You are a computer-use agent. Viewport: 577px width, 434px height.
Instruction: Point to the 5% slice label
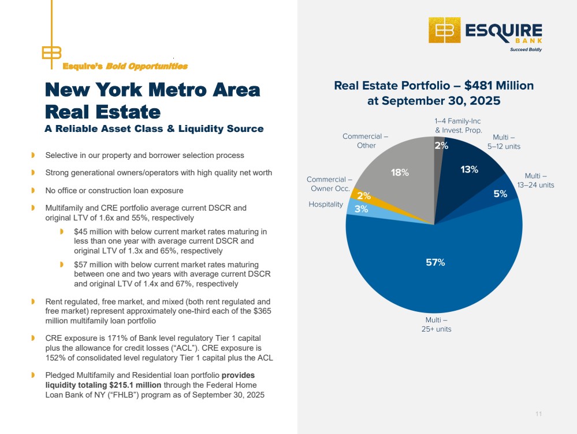coord(500,194)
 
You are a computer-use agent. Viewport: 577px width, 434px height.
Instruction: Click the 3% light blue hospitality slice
coord(362,209)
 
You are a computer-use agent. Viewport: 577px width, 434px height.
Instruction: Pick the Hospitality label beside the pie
coord(326,204)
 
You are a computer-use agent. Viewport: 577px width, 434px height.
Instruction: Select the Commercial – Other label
coord(365,141)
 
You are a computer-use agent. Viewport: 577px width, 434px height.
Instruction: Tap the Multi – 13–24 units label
coord(539,180)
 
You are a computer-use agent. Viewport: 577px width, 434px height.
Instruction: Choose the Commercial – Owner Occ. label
coord(329,184)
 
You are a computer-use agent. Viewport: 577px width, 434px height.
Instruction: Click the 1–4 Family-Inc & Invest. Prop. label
coord(458,126)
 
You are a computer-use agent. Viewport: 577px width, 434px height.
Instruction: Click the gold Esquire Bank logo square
coord(444,30)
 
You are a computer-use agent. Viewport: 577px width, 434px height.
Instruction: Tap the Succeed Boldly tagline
coord(525,50)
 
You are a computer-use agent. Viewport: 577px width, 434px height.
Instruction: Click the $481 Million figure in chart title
coord(501,86)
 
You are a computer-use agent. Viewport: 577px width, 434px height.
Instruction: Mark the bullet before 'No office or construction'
coord(33,190)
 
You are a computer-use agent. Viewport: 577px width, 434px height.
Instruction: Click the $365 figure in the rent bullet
coord(261,311)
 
